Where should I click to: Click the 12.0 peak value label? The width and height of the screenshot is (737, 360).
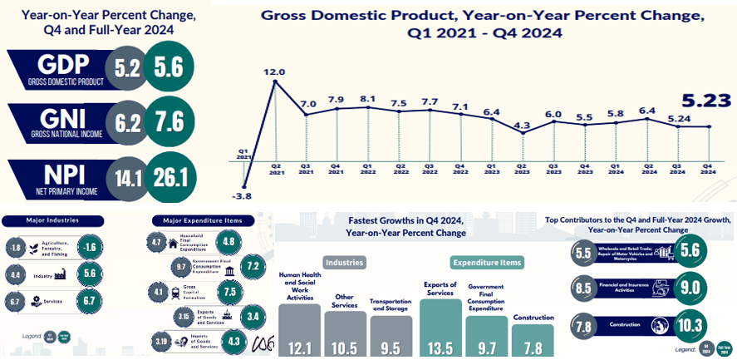[274, 72]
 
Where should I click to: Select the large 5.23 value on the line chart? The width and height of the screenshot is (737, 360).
[705, 101]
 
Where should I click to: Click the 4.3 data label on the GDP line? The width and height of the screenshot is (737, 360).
[522, 126]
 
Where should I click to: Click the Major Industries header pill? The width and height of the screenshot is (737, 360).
[52, 220]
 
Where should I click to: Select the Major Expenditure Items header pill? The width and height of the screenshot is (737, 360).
[196, 220]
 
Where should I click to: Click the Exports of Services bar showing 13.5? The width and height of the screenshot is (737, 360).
[440, 328]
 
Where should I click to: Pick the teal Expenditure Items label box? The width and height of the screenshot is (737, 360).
[487, 262]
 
